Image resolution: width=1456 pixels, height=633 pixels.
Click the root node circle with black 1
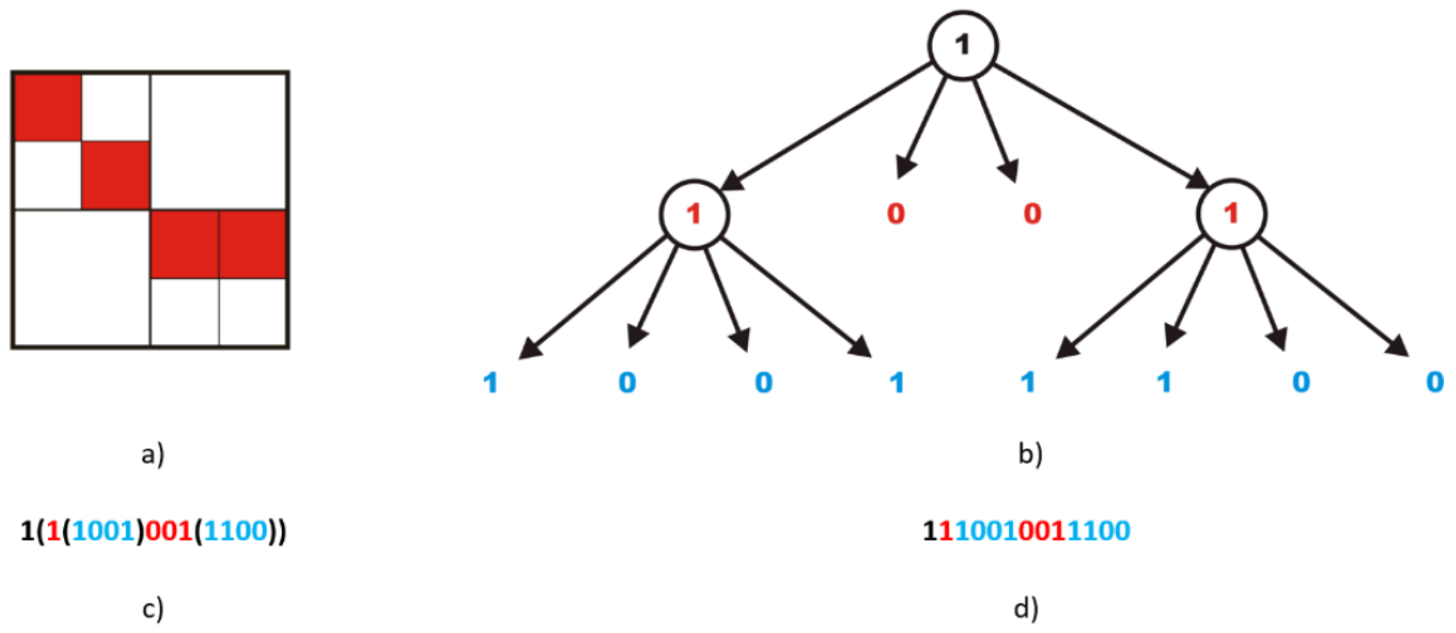tap(963, 46)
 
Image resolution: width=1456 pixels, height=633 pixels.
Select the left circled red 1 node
tap(694, 214)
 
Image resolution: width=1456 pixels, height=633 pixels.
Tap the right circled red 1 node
tap(1231, 214)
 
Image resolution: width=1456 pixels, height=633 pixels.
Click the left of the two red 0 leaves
tap(896, 214)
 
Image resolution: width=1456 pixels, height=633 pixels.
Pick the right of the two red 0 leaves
tap(1032, 214)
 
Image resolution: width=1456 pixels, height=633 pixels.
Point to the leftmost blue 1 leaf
tap(491, 383)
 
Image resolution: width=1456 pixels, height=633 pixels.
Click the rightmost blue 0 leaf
tap(1434, 383)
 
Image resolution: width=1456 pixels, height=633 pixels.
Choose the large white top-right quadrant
tap(219, 141)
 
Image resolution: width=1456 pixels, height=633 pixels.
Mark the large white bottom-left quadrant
tap(82, 277)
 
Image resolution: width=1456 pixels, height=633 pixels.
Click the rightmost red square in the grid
tap(252, 244)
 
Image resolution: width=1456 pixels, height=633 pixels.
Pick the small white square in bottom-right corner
tap(252, 312)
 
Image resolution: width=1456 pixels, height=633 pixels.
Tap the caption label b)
tap(1030, 454)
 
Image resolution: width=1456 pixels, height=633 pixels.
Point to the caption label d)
tap(1026, 608)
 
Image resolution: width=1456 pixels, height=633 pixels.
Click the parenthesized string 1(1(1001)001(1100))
tap(153, 531)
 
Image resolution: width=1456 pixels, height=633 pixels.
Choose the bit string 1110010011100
tap(1026, 531)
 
